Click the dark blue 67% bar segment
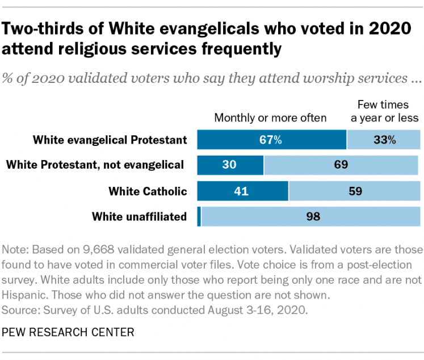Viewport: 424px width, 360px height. point(271,140)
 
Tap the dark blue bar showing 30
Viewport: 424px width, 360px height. point(230,165)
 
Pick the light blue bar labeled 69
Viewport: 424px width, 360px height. point(341,165)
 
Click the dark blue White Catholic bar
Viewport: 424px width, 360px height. point(242,191)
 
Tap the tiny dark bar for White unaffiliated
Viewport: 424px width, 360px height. point(199,216)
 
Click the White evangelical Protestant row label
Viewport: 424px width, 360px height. point(110,140)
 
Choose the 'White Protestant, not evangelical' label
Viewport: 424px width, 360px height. point(95,165)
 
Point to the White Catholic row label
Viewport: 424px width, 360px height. point(148,191)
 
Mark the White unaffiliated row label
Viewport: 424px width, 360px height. point(140,216)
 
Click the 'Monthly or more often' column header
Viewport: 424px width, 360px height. point(270,118)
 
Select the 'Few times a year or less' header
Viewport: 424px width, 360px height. point(384,111)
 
